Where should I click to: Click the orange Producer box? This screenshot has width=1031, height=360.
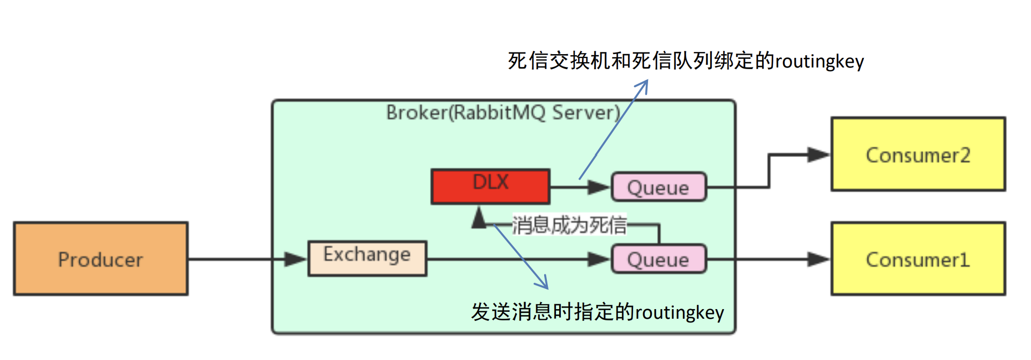pyautogui.click(x=101, y=259)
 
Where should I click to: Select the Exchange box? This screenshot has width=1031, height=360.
pyautogui.click(x=367, y=259)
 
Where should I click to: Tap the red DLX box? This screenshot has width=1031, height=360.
pyautogui.click(x=490, y=186)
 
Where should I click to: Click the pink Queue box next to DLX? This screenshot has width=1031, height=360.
pyautogui.click(x=658, y=187)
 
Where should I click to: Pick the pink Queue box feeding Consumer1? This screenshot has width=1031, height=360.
pyautogui.click(x=658, y=259)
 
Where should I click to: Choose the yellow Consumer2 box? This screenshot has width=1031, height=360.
pyautogui.click(x=917, y=154)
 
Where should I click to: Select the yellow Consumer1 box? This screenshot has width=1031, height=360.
pyautogui.click(x=917, y=259)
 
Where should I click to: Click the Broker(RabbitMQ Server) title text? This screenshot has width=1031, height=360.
pyautogui.click(x=503, y=112)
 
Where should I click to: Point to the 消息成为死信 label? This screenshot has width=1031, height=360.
pyautogui.click(x=569, y=225)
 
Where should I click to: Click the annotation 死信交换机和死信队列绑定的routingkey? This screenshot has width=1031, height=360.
pyautogui.click(x=686, y=61)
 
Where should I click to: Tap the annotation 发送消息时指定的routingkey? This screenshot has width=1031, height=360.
pyautogui.click(x=597, y=312)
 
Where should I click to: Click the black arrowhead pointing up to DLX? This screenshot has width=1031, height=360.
pyautogui.click(x=479, y=218)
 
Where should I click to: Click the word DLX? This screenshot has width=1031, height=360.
pyautogui.click(x=490, y=182)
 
